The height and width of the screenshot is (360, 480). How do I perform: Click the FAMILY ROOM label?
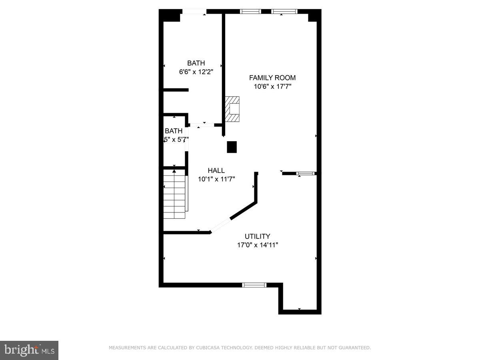click(x=272, y=78)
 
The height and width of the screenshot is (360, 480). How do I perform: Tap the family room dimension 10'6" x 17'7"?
click(x=272, y=86)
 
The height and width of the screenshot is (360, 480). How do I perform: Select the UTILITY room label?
click(x=257, y=236)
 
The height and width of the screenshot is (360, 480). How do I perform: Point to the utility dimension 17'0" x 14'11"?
click(x=257, y=245)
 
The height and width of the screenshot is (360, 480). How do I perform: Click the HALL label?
click(x=216, y=170)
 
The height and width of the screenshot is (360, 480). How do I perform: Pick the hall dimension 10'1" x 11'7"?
click(x=216, y=179)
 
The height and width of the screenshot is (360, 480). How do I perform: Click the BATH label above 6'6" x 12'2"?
click(x=196, y=63)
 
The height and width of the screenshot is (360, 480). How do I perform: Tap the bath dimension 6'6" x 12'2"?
click(x=196, y=72)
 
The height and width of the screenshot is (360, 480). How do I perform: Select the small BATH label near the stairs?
click(x=174, y=131)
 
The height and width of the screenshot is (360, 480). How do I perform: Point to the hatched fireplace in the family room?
click(x=232, y=109)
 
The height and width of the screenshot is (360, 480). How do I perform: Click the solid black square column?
click(x=232, y=147)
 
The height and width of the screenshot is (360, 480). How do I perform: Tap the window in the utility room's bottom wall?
click(x=254, y=285)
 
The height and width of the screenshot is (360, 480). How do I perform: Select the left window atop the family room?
click(x=250, y=11)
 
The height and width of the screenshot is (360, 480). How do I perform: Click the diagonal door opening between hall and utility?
click(x=220, y=225)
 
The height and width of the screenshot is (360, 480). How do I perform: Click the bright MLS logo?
click(x=29, y=350)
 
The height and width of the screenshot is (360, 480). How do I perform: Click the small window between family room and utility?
click(x=306, y=174)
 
